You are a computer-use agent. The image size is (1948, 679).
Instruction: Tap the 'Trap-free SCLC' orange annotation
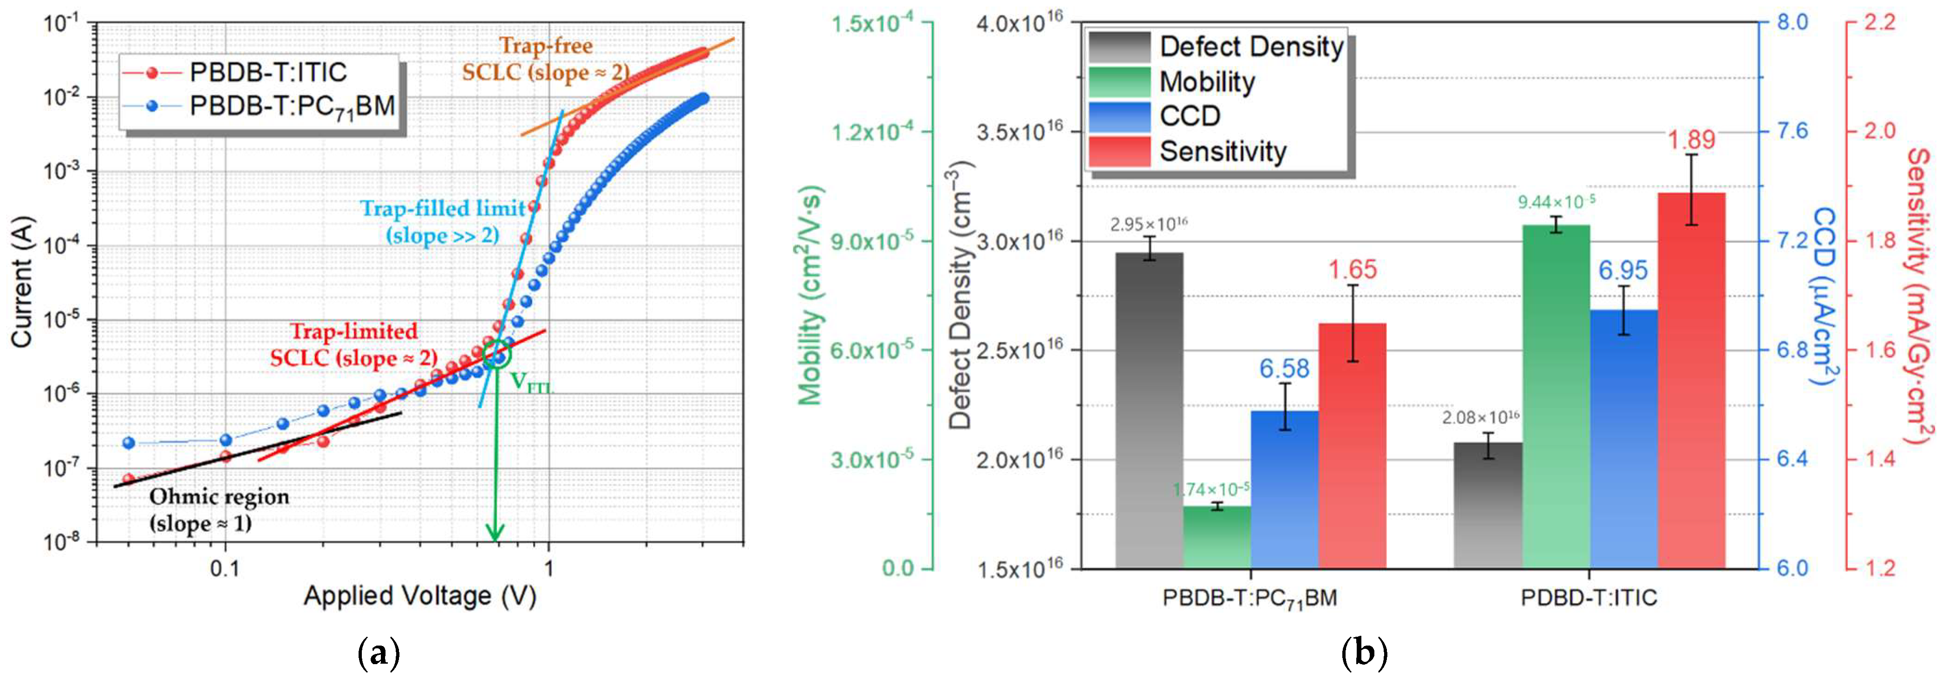tap(546, 60)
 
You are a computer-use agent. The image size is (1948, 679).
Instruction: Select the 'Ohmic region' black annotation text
tap(219, 509)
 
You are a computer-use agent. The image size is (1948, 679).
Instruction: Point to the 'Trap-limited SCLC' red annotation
tap(354, 344)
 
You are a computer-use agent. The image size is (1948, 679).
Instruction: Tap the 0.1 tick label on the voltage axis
tap(225, 568)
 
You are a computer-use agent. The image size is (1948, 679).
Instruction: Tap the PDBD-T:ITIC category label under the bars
tap(1589, 597)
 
